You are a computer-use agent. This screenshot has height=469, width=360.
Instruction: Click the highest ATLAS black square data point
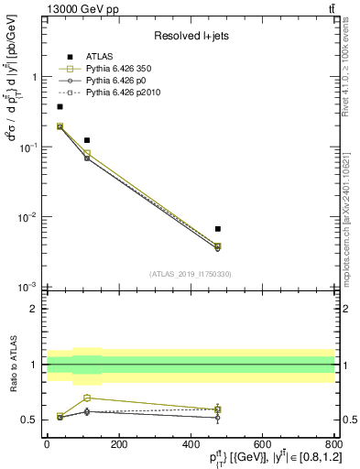click(60, 107)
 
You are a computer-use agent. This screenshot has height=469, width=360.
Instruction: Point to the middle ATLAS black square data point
click(87, 140)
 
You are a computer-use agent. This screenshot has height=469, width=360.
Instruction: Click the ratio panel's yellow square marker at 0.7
click(87, 398)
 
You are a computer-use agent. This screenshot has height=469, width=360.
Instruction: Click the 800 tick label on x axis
click(333, 443)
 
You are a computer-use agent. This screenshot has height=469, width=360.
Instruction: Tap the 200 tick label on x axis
click(118, 443)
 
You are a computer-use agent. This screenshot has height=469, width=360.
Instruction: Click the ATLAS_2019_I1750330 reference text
click(191, 274)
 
